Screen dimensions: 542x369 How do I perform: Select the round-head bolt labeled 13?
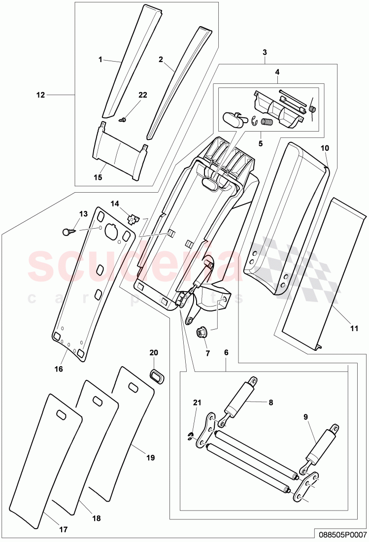coord(68,231)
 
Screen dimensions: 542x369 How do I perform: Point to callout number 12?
coord(40,95)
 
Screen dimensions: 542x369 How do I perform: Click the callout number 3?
coord(265,52)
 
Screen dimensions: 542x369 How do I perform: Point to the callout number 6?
coord(226,353)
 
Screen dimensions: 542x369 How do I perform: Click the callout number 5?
coord(261,144)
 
